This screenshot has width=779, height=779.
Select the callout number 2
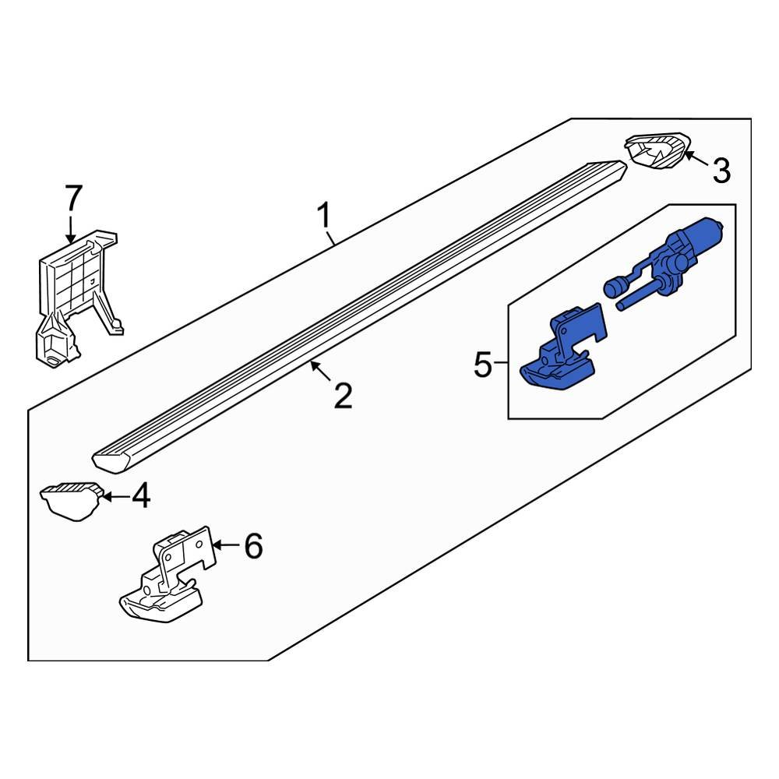[x=343, y=396]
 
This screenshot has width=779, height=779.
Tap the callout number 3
[x=721, y=170]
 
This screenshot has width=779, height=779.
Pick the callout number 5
[x=483, y=365]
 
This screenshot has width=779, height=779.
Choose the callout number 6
[x=253, y=546]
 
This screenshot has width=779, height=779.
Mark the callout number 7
[x=72, y=199]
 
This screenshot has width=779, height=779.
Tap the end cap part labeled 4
[x=73, y=499]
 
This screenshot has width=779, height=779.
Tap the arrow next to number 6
[x=224, y=545]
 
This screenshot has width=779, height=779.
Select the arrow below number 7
[x=72, y=230]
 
